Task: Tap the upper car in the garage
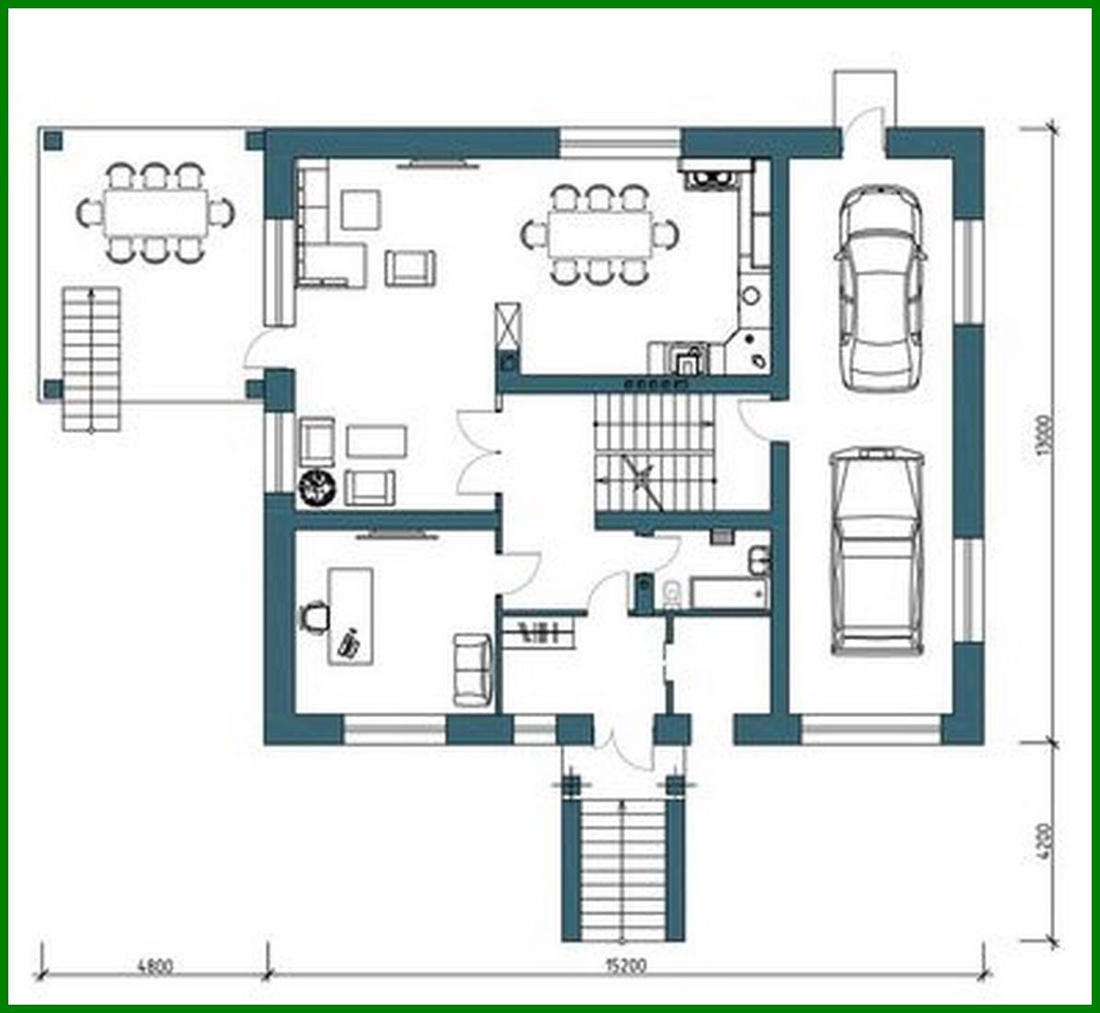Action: (x=880, y=288)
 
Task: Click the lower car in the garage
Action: (x=876, y=551)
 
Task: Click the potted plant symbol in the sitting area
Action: (x=317, y=487)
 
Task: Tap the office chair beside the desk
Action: (x=315, y=615)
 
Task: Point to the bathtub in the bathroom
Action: (x=728, y=594)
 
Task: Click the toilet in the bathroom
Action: (x=672, y=593)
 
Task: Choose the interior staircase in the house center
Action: (x=655, y=452)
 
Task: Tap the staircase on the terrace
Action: (x=91, y=359)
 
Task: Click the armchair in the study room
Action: (x=473, y=669)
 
